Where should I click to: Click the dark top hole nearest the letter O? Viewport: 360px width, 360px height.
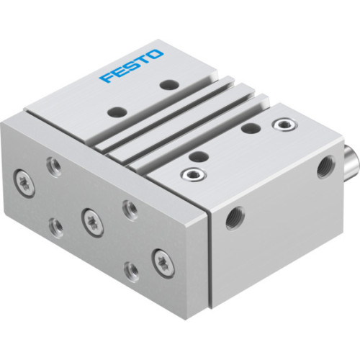point(168,85)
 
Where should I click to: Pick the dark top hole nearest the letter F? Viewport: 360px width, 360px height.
point(115,112)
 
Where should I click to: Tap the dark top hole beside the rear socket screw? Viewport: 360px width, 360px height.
point(251,127)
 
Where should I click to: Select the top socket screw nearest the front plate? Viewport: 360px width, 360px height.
point(192,174)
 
